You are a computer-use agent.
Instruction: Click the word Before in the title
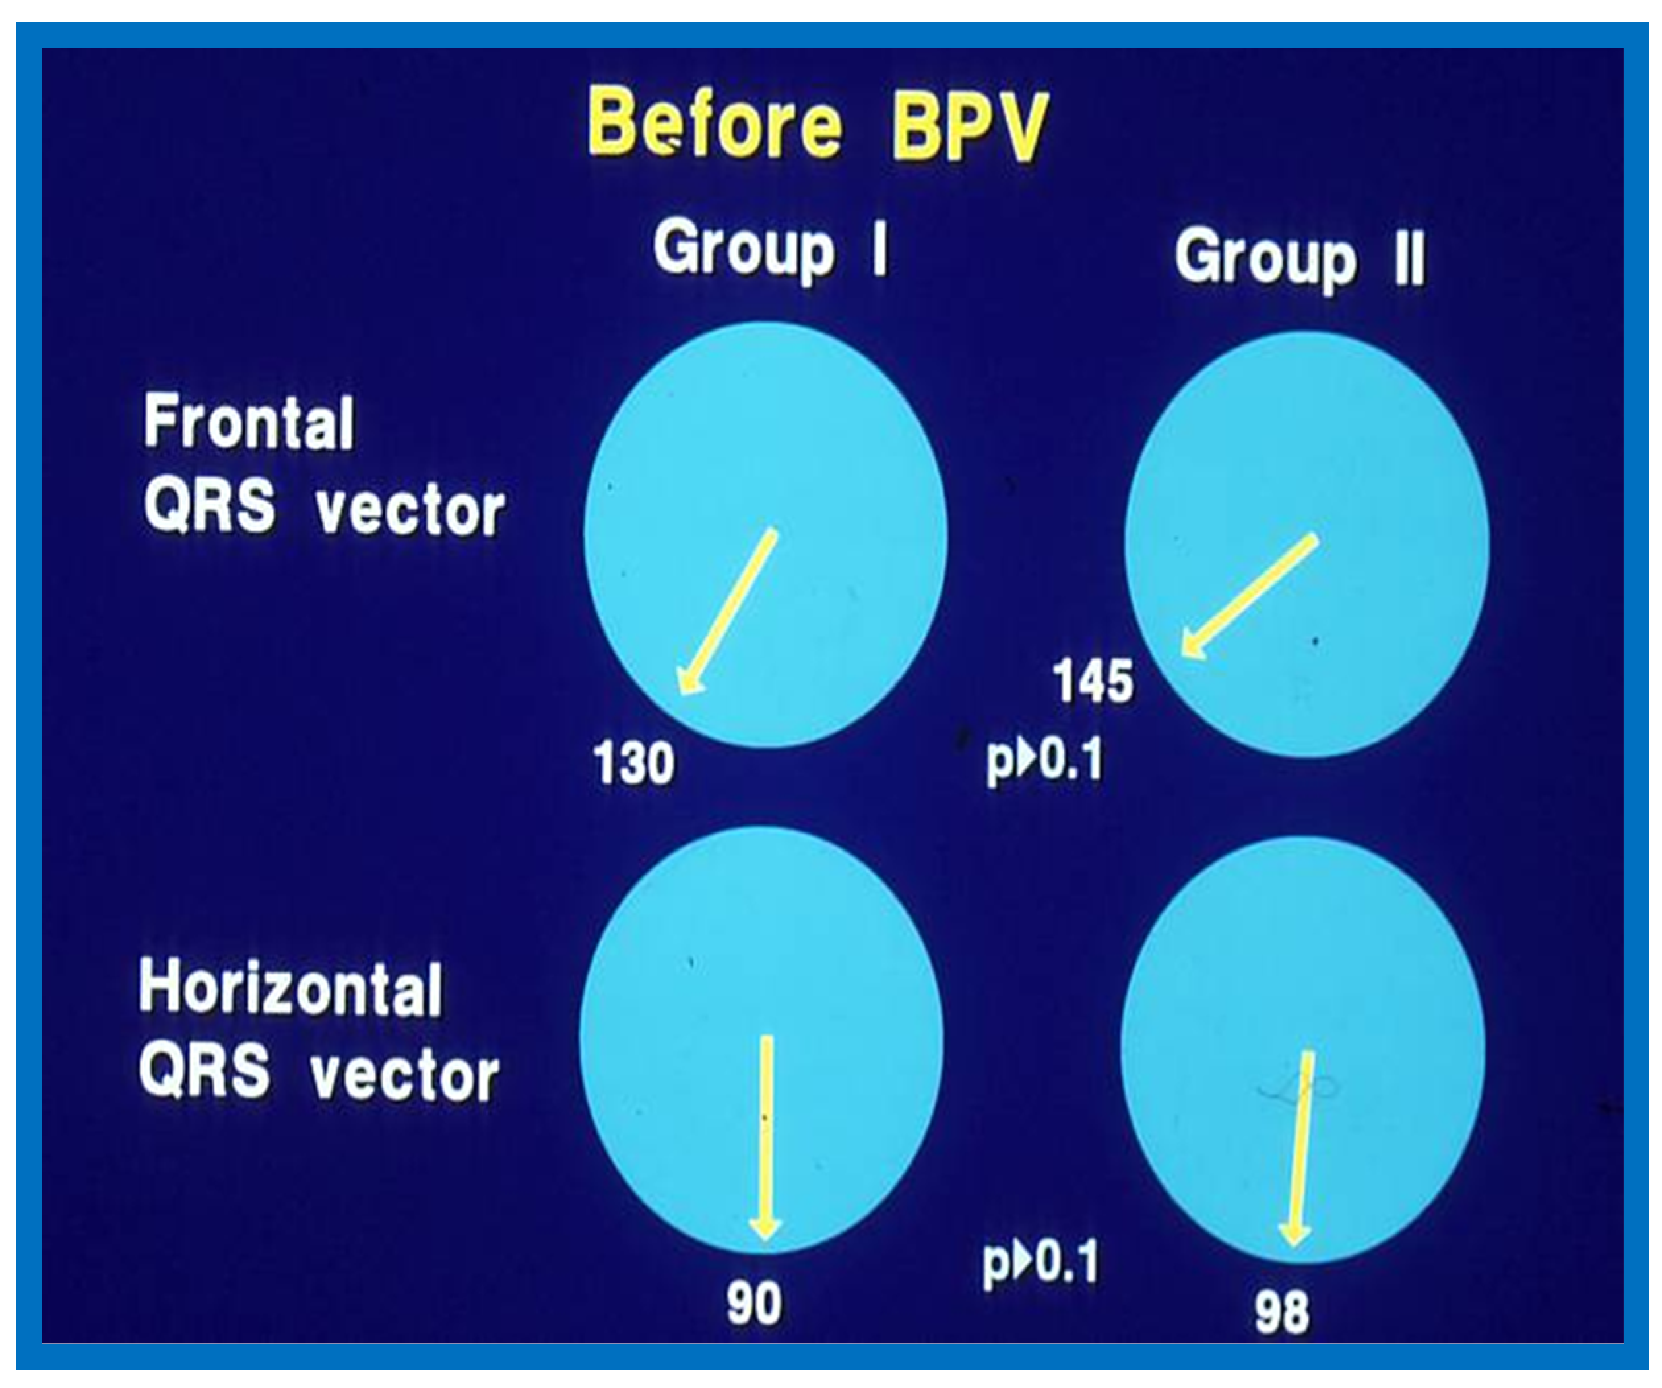[x=714, y=123]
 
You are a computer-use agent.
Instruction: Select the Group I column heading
[x=770, y=249]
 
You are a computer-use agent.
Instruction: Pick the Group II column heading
[x=1300, y=259]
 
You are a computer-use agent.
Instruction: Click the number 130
[x=634, y=763]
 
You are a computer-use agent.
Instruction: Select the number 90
[x=754, y=1304]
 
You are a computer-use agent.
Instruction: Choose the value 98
[x=1281, y=1312]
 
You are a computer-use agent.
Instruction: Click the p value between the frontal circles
[x=1044, y=760]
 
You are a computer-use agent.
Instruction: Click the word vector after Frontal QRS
[x=410, y=512]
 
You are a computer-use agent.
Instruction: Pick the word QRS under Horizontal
[x=203, y=1071]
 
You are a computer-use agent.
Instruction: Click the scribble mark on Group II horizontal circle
[x=1298, y=1090]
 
